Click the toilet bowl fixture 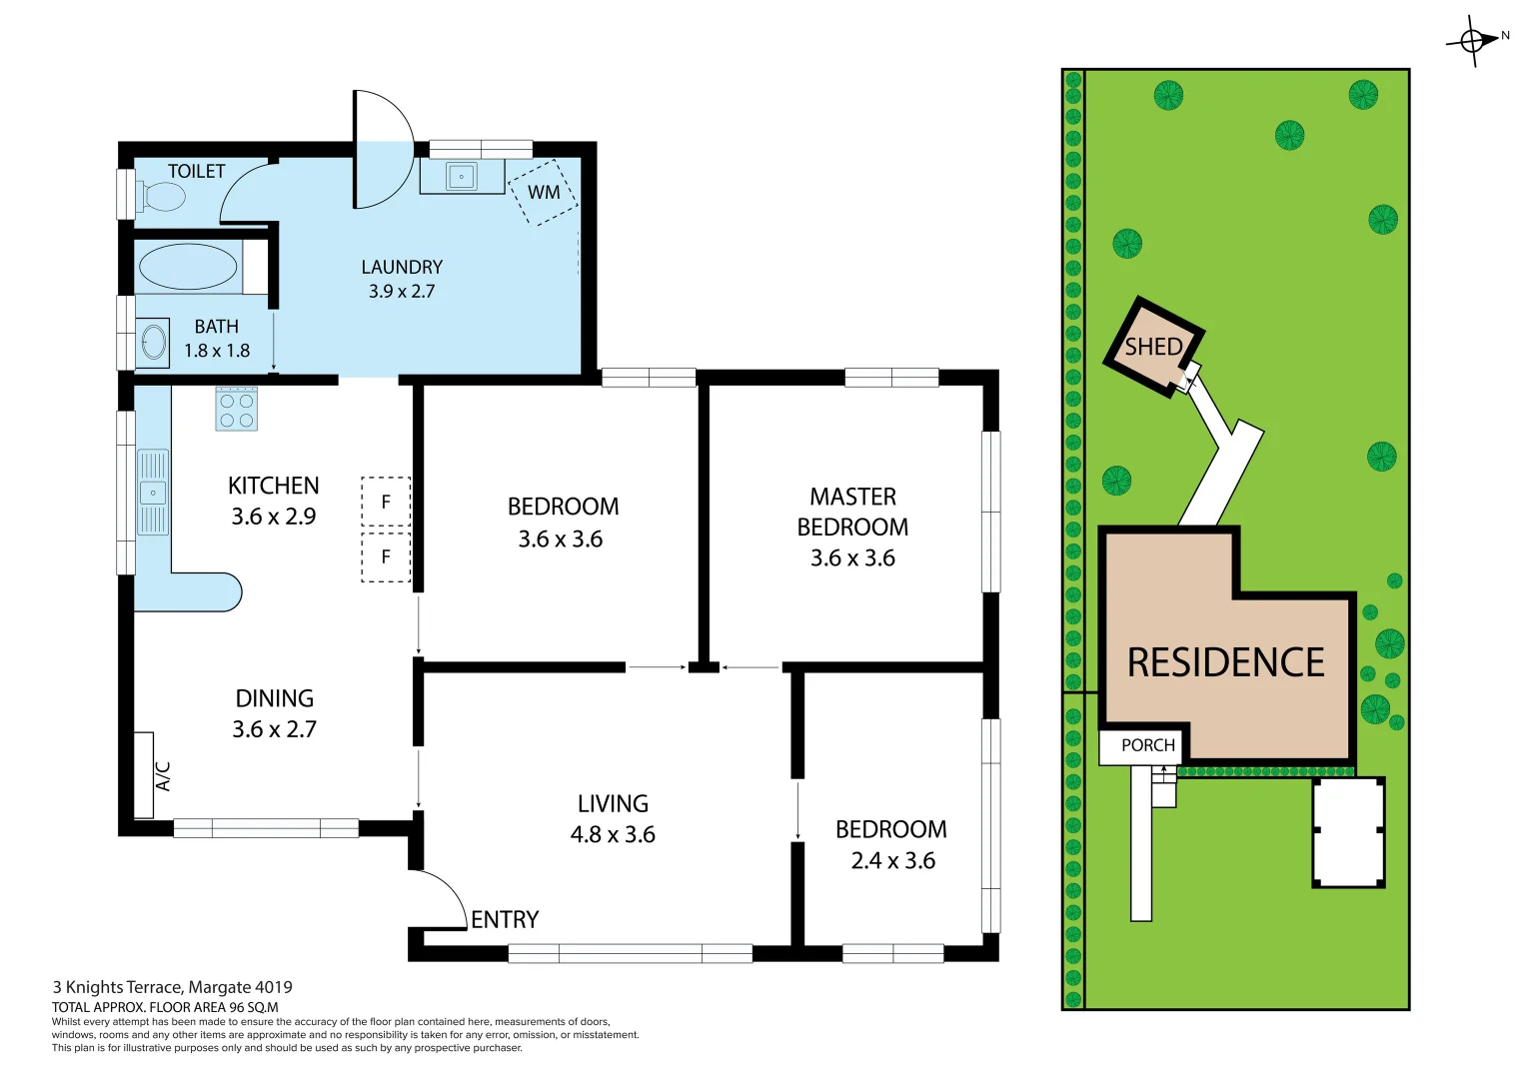pyautogui.click(x=163, y=197)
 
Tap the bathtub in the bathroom pyautogui.click(x=188, y=268)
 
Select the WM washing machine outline pyautogui.click(x=543, y=192)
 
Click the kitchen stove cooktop pyautogui.click(x=237, y=410)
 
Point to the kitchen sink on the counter pyautogui.click(x=153, y=493)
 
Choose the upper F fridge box pyautogui.click(x=386, y=502)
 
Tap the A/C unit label pyautogui.click(x=163, y=775)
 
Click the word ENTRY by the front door pyautogui.click(x=505, y=919)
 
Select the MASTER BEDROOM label pyautogui.click(x=852, y=512)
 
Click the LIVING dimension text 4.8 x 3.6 pyautogui.click(x=613, y=834)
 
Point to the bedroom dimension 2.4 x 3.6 pyautogui.click(x=892, y=860)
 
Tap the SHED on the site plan pyautogui.click(x=1153, y=347)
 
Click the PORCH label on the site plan pyautogui.click(x=1147, y=745)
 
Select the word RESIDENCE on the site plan pyautogui.click(x=1225, y=662)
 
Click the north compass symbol pyautogui.click(x=1473, y=40)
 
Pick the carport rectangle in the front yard pyautogui.click(x=1348, y=832)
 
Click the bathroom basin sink pyautogui.click(x=153, y=342)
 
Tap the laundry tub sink pyautogui.click(x=462, y=177)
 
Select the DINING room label pyautogui.click(x=275, y=698)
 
